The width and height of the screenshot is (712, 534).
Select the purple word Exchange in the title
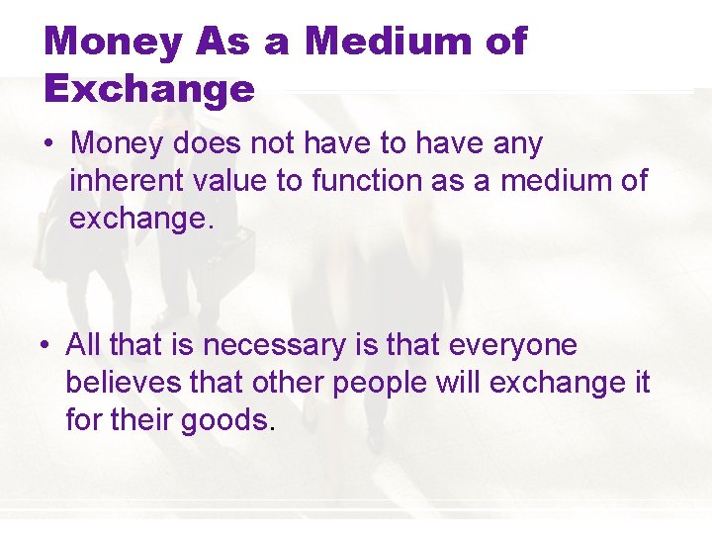pyautogui.click(x=149, y=89)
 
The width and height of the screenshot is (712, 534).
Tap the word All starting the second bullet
pyautogui.click(x=82, y=345)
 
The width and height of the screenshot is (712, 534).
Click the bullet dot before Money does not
pyautogui.click(x=48, y=144)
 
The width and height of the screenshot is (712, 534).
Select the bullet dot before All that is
pyautogui.click(x=45, y=346)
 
